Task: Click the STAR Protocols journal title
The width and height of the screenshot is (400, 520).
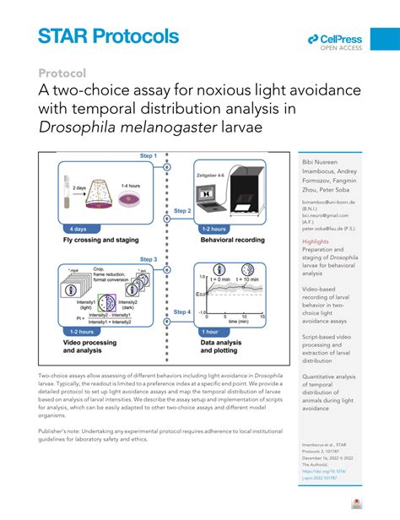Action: [x=108, y=35]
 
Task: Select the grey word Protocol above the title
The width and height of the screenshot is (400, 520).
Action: [x=63, y=73]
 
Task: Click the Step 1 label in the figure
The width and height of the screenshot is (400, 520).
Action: [x=148, y=156]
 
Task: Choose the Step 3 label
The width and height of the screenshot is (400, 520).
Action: [x=148, y=259]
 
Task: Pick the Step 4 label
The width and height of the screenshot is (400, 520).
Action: [x=181, y=311]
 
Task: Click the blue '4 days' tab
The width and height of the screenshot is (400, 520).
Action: [x=77, y=229]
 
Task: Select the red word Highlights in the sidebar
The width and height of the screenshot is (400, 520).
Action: [x=316, y=241]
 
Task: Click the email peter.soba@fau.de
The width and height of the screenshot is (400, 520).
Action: [x=326, y=229]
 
